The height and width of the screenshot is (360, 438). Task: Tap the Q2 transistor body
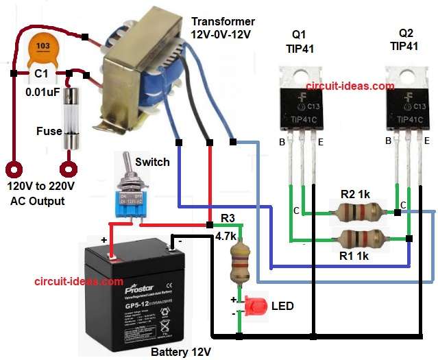406,103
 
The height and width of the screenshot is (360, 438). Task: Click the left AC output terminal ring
14,168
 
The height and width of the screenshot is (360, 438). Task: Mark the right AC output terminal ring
68,168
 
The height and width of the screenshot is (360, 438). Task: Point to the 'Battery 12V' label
180,351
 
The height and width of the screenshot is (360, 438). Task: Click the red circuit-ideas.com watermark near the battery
79,281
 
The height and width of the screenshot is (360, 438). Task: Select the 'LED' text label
282,306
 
